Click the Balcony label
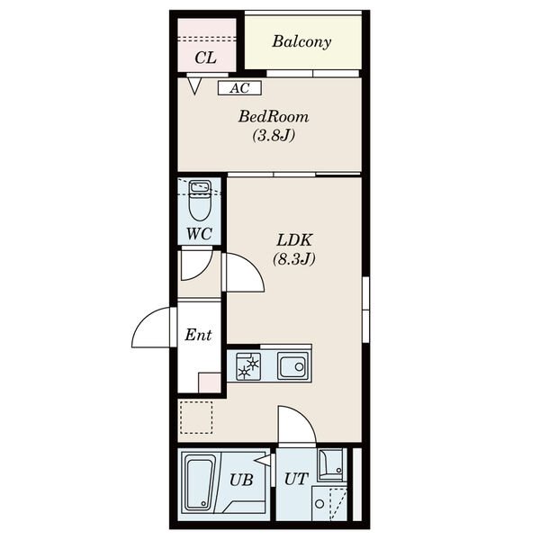point(301,41)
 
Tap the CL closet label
point(205,58)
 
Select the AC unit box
point(239,88)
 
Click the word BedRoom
point(274,116)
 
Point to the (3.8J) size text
point(274,135)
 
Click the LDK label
point(294,239)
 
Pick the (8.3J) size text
point(294,258)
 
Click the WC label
point(199,234)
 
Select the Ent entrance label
point(198,335)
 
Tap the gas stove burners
point(248,366)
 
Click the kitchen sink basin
point(293,366)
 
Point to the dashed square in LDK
point(196,417)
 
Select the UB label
point(241,480)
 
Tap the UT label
point(296,479)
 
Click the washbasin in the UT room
point(331,464)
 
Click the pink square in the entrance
point(210,383)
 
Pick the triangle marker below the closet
point(194,85)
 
